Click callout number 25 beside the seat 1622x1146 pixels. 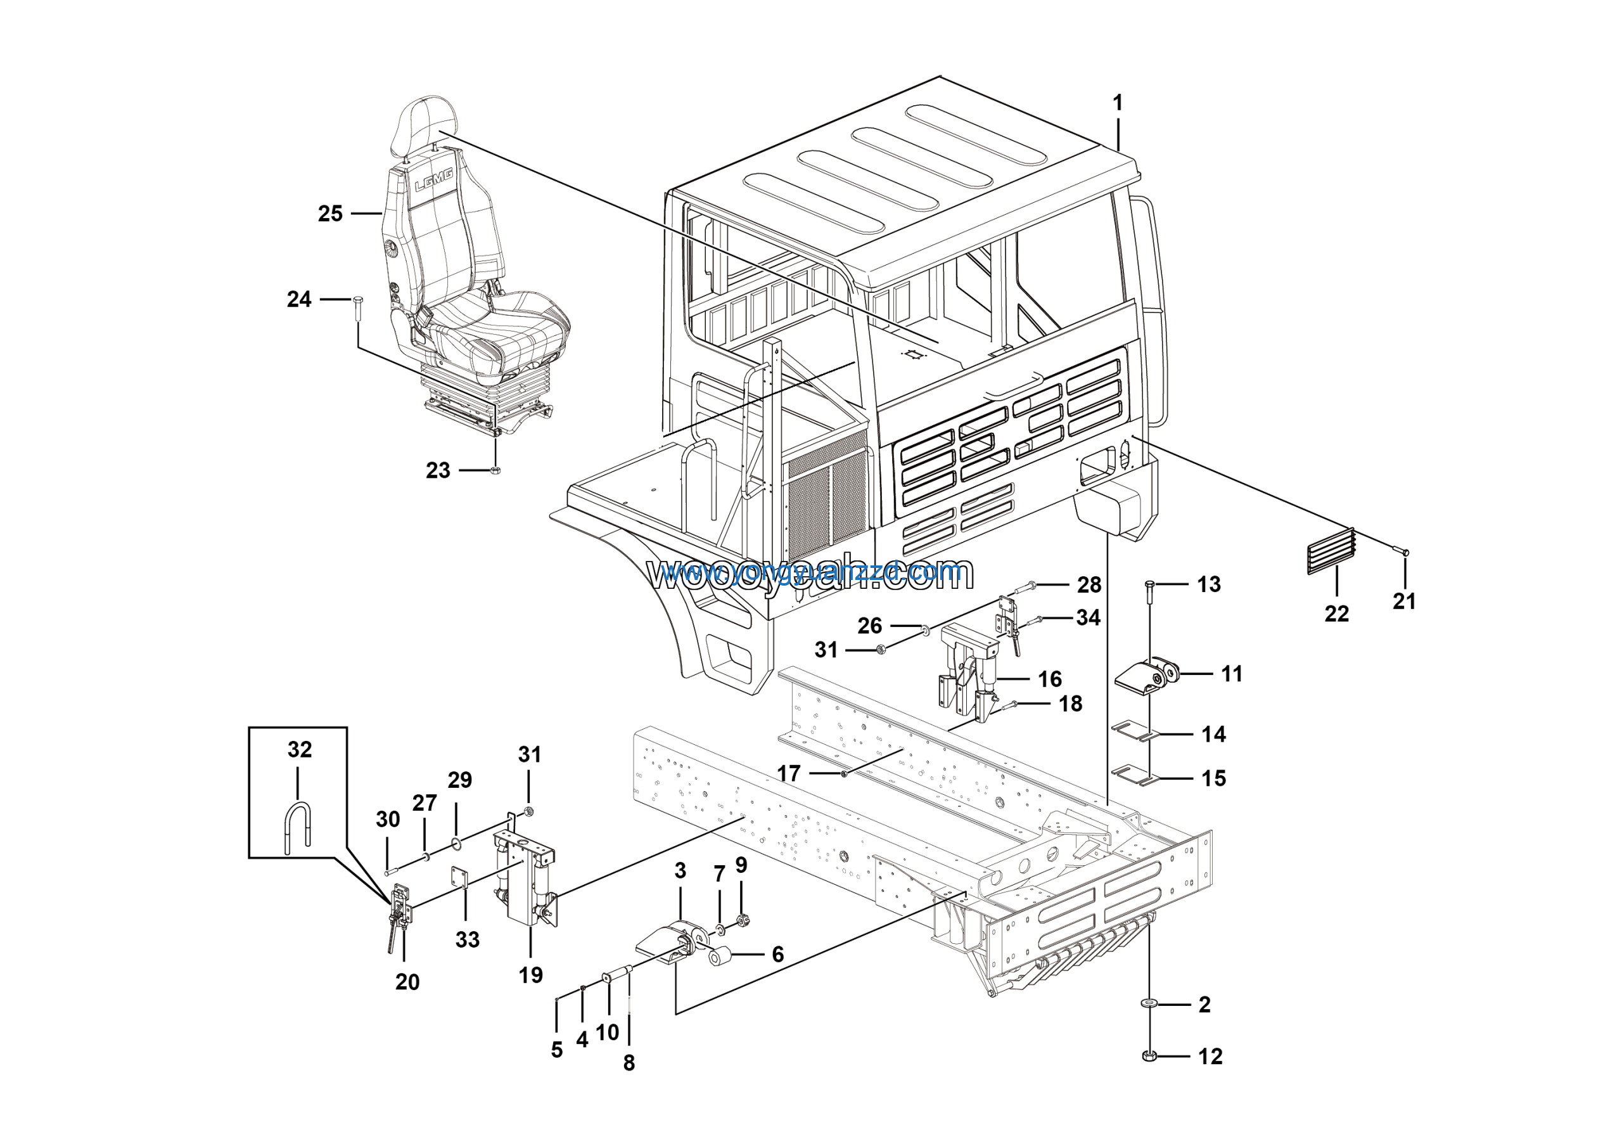(330, 214)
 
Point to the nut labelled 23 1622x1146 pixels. (495, 470)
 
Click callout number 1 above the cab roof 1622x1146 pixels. (1117, 103)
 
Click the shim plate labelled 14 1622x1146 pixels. (1136, 731)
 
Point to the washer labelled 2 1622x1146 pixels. (1149, 1004)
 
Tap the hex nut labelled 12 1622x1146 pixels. (1149, 1057)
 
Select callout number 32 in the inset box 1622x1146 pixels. (300, 749)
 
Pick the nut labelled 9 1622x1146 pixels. (742, 920)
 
